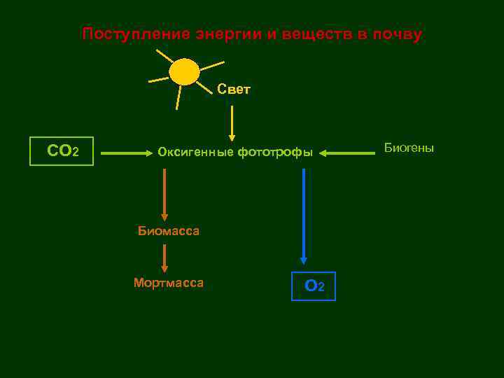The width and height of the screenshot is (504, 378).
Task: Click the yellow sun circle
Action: point(185,72)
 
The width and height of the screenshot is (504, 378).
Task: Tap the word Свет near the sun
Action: point(234,90)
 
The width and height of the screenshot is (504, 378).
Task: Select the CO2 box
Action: point(62,150)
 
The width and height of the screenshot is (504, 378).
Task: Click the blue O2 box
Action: point(314,286)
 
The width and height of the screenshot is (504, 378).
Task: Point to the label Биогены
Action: point(409,148)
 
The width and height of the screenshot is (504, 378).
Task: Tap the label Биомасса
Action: point(168,230)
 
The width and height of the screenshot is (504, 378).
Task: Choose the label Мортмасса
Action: point(169,283)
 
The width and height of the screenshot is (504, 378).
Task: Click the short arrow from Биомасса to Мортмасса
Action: point(164,258)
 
